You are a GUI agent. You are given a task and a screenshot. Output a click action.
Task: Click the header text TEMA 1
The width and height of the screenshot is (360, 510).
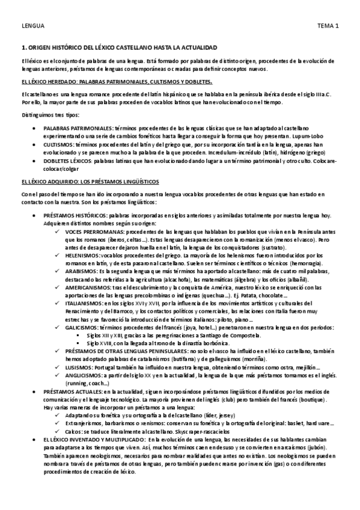(x=328, y=26)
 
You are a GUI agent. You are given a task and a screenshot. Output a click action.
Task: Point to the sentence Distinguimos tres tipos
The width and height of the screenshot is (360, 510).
(x=45, y=114)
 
